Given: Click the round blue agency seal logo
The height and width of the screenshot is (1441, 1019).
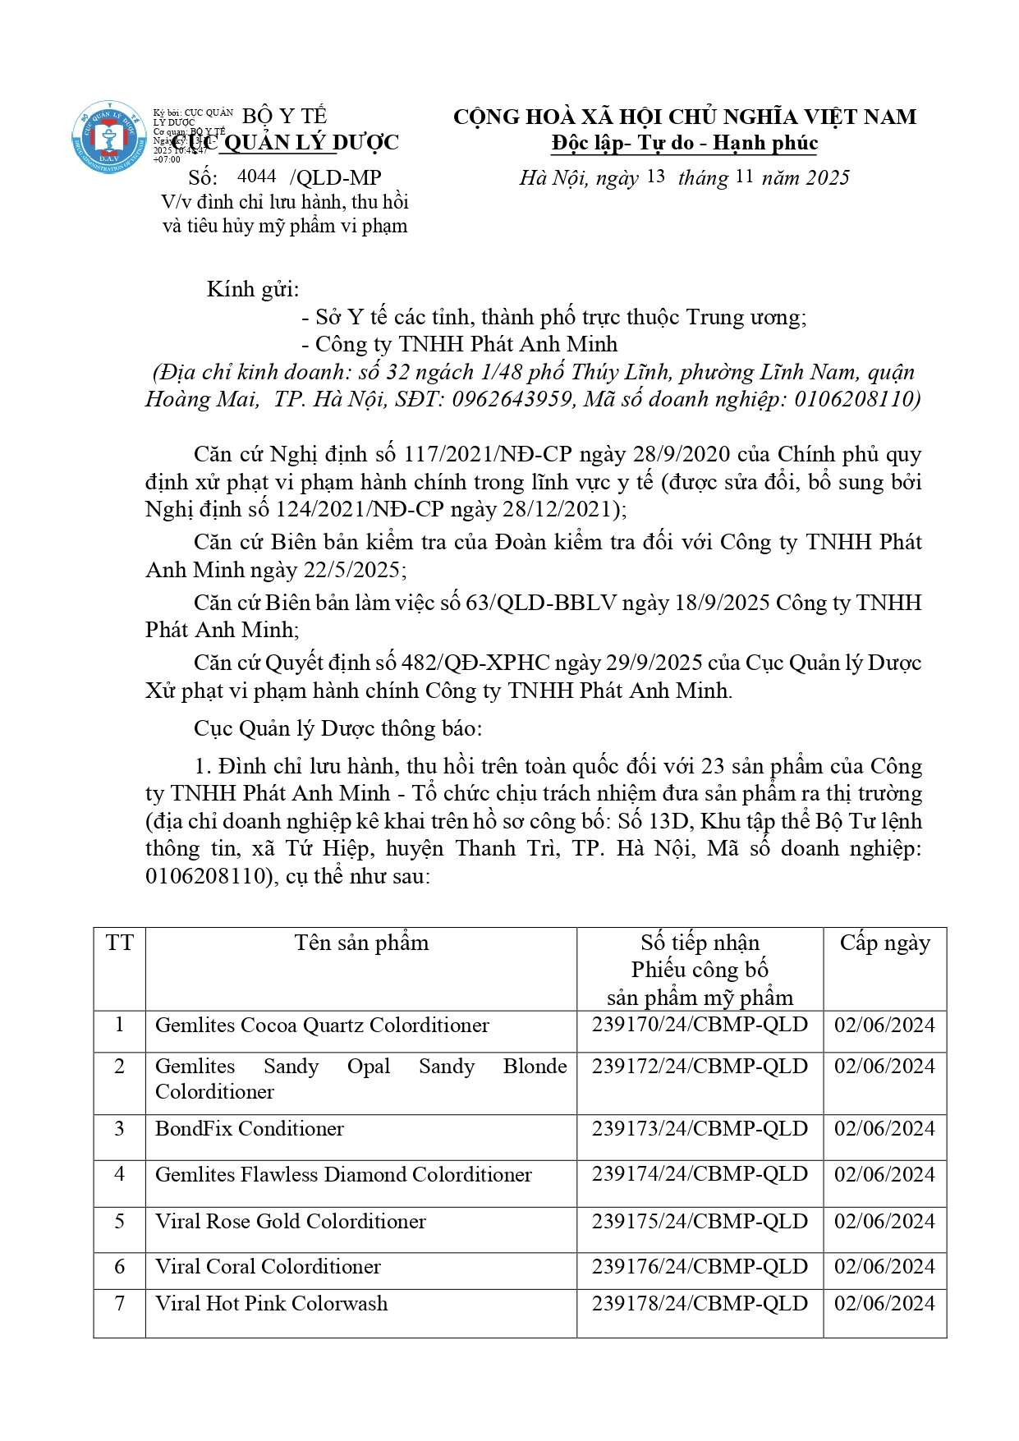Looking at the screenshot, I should [x=109, y=137].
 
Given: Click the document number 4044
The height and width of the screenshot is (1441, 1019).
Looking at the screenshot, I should [x=256, y=177].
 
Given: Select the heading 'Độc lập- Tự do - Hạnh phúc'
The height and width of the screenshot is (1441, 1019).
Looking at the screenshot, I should [x=685, y=144].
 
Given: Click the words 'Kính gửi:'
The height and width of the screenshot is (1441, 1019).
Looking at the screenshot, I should [x=253, y=289].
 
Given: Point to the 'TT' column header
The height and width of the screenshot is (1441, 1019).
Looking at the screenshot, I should [x=120, y=943].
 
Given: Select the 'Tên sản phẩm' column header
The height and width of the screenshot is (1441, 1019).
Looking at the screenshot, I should [x=361, y=943].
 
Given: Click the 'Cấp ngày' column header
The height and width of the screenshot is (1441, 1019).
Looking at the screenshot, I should [x=884, y=943].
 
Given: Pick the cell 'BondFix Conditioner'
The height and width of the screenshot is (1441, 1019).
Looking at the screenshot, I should [x=250, y=1129].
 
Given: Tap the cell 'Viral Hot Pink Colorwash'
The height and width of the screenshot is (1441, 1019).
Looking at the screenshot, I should [x=271, y=1304].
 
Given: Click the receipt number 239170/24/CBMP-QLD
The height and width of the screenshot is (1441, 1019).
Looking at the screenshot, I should [x=700, y=1025].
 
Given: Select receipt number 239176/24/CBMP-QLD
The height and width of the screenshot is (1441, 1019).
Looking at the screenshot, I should [x=700, y=1267].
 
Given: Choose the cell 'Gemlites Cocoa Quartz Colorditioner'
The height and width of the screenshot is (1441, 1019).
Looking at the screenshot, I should [x=322, y=1026].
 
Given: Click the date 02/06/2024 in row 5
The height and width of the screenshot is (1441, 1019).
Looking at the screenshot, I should [x=884, y=1221].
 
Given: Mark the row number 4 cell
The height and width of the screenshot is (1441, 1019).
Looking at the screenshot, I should [x=120, y=1174].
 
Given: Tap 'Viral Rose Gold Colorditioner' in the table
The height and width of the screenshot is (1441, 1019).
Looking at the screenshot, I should [x=291, y=1222].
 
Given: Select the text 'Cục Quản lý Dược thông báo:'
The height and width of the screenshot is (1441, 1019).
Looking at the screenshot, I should [x=338, y=728].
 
